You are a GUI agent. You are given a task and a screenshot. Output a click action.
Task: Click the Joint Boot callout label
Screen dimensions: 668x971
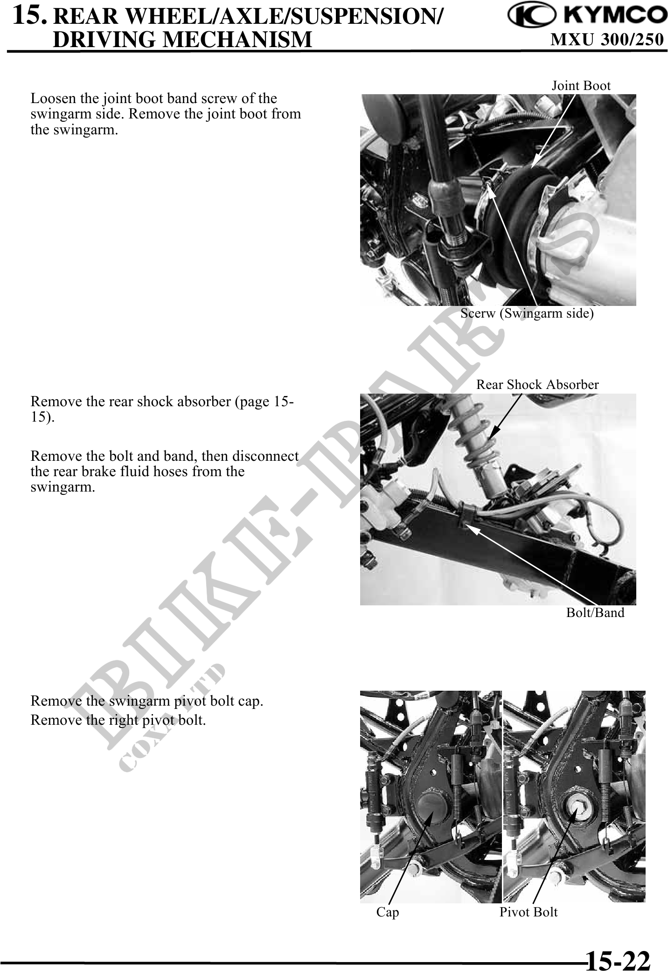pos(581,85)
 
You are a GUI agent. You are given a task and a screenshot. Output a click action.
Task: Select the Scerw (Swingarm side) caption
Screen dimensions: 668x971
pos(527,313)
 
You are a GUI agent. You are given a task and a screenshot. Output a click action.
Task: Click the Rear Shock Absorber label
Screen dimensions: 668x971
pos(537,384)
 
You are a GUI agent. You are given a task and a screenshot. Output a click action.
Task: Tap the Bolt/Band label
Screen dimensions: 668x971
pos(595,612)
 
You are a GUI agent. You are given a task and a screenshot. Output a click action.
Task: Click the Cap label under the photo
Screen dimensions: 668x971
pos(388,912)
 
